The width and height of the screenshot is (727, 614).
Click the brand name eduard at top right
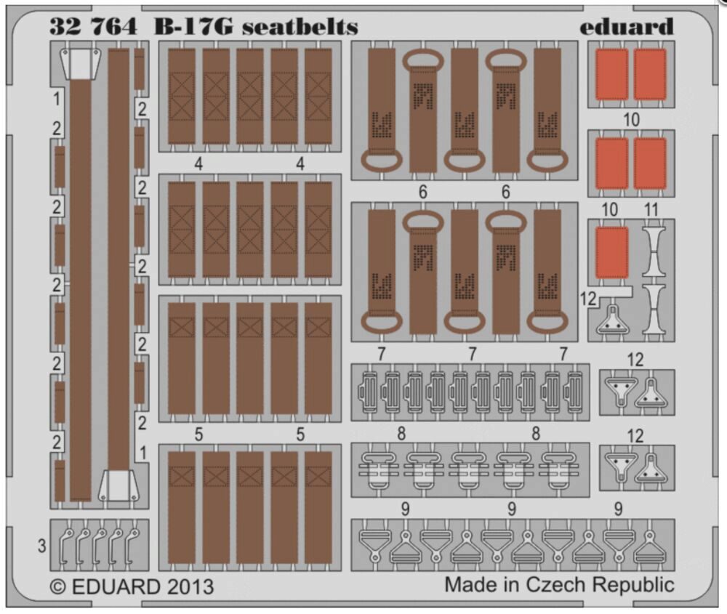click(627, 26)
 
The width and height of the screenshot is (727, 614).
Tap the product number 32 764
click(93, 26)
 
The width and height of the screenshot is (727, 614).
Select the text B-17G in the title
click(194, 27)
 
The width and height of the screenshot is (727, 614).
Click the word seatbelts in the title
click(300, 27)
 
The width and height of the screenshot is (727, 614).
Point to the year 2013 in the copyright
click(190, 586)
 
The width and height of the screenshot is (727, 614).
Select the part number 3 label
click(41, 546)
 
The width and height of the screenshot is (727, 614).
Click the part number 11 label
click(651, 209)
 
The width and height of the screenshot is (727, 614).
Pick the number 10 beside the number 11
click(609, 209)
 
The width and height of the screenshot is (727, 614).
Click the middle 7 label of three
click(472, 354)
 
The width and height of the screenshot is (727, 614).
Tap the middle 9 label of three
click(511, 509)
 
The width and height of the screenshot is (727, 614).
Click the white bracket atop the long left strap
click(80, 63)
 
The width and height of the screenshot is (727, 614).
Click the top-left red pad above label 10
click(612, 75)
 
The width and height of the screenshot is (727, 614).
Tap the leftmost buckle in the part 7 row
click(369, 392)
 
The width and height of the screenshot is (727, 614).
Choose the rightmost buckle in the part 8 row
click(559, 470)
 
